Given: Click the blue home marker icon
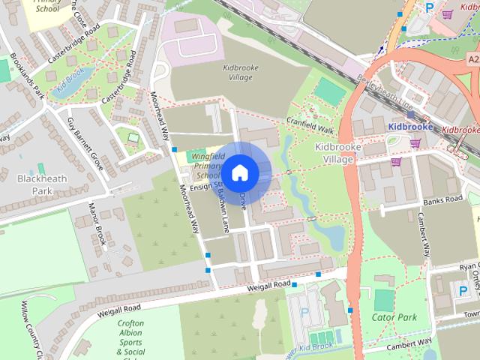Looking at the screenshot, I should click(239, 172).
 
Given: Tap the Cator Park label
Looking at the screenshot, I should click(394, 317).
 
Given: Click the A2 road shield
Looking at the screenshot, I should click(472, 58).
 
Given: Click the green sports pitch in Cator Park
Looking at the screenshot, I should click(383, 299).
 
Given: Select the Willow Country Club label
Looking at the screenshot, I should click(34, 330).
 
